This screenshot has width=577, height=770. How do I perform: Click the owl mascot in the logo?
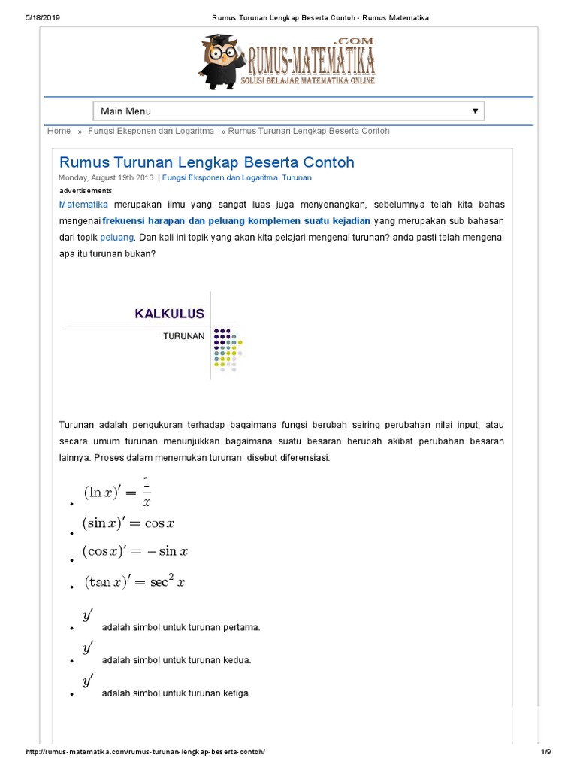pos(222,59)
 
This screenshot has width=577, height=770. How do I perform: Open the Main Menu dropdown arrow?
pos(475,111)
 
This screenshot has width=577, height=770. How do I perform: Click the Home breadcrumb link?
pos(59,131)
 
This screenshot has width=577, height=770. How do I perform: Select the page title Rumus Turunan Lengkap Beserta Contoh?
pos(207,162)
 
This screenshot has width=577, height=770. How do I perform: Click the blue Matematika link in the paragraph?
pos(83,205)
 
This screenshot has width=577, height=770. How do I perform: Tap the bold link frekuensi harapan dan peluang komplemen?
pos(237,220)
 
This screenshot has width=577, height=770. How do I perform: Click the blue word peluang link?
pos(116,237)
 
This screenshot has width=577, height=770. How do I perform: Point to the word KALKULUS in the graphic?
pos(169,314)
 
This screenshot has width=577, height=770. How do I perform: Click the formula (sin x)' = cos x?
pos(128,524)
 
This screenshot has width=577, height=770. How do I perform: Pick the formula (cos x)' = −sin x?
pos(135,551)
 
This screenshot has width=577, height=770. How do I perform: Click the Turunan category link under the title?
pos(296,178)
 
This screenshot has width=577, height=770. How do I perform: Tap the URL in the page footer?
pos(146,752)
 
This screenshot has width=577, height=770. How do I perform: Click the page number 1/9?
pos(546,752)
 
